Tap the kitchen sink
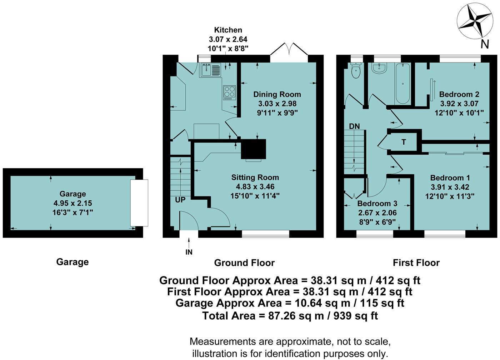[210, 70]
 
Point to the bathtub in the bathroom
[403, 84]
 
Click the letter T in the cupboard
[404, 142]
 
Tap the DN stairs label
[354, 126]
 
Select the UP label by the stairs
[180, 200]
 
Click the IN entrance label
[189, 252]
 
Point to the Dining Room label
[277, 94]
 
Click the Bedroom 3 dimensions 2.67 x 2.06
[377, 213]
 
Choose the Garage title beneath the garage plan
[72, 262]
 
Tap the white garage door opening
[139, 203]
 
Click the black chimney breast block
[254, 149]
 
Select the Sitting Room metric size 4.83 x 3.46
[255, 187]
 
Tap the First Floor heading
[416, 263]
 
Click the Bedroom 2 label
[459, 94]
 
